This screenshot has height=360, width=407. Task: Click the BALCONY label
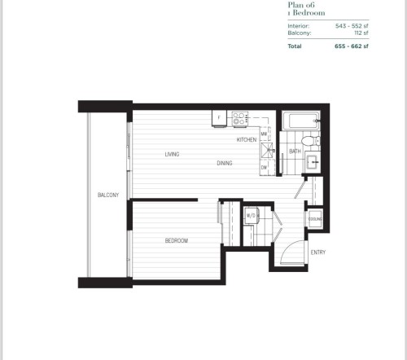point(108,195)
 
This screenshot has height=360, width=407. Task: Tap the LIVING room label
point(172,154)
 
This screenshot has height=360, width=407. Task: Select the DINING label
point(225,163)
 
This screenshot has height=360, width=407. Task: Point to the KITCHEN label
point(247,140)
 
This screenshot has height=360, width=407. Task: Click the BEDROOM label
point(177,240)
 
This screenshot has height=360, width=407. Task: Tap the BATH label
point(295,151)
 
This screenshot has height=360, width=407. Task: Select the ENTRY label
point(318,252)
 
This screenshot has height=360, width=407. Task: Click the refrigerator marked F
point(219,118)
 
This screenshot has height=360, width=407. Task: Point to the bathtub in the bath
point(301,123)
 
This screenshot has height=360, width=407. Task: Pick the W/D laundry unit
point(252,216)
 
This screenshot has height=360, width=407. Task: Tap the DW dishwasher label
point(265,167)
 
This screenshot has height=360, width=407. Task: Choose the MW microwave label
point(265,133)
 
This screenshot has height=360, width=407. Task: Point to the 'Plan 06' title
point(300,6)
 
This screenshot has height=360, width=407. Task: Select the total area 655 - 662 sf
point(352,46)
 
